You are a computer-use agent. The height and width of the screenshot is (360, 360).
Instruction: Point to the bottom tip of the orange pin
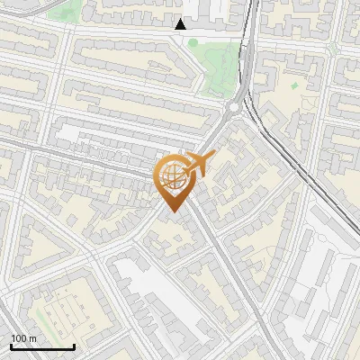[172, 212]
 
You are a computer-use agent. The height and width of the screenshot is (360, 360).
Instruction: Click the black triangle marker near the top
[181, 24]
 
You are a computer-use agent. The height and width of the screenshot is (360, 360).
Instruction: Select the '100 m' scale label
[23, 338]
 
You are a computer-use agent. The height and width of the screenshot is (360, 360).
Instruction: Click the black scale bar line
[42, 346]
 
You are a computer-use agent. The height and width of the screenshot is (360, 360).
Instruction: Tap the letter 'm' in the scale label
[32, 338]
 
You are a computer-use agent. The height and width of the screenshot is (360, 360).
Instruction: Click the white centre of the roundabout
[236, 108]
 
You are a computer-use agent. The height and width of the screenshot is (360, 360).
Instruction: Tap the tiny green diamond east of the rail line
[293, 86]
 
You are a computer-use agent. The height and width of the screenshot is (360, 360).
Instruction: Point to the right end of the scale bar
[74, 346]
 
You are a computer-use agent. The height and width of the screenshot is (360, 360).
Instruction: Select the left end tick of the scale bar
[11, 346]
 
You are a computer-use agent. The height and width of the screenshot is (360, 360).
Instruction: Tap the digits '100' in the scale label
[19, 338]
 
